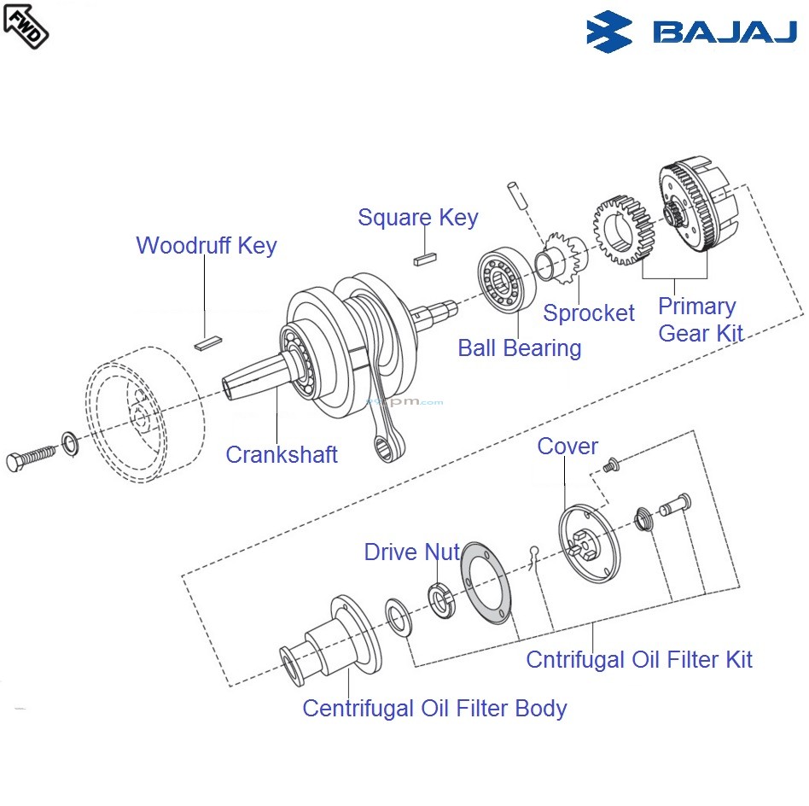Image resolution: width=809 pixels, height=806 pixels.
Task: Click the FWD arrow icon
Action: pyautogui.click(x=26, y=25)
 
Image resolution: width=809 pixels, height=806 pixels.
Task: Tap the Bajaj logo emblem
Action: pyautogui.click(x=609, y=31)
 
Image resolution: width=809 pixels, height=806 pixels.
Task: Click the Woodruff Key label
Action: pyautogui.click(x=207, y=246)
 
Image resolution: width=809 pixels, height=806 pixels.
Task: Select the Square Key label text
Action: pyautogui.click(x=417, y=217)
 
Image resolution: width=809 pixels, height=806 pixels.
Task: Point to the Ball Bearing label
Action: pyautogui.click(x=519, y=348)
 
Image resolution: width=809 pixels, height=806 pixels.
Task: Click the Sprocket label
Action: pyautogui.click(x=589, y=313)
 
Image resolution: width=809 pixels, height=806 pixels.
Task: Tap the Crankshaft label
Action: pyautogui.click(x=282, y=454)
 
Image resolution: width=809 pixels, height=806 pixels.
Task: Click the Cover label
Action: pyautogui.click(x=567, y=446)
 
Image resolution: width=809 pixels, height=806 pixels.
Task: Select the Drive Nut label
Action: pyautogui.click(x=411, y=552)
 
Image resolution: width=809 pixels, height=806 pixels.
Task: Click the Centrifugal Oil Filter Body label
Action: pyautogui.click(x=434, y=708)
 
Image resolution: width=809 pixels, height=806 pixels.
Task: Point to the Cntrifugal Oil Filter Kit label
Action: pyautogui.click(x=639, y=659)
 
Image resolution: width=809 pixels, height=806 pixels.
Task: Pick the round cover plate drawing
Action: pyautogui.click(x=588, y=546)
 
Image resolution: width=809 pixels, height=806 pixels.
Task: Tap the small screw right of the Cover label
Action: pyautogui.click(x=609, y=465)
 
